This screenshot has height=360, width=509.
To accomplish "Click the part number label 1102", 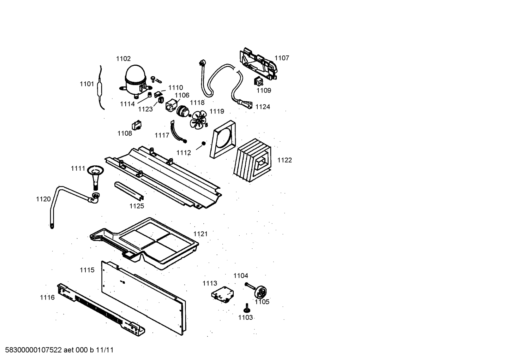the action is [x=124, y=59].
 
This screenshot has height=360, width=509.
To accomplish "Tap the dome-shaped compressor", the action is [x=136, y=81].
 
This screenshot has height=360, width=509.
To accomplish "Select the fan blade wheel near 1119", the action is [x=198, y=120].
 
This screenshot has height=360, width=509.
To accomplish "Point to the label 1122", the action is [x=285, y=160].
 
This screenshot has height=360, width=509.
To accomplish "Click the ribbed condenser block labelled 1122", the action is [x=252, y=160].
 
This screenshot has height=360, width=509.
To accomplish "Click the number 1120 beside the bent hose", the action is [x=43, y=199].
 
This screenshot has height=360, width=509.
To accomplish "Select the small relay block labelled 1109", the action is [x=258, y=82].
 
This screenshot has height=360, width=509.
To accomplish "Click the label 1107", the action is [x=282, y=58].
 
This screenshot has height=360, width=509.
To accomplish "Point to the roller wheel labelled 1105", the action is [x=261, y=292].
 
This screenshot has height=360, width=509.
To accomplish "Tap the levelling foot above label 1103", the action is [x=247, y=308].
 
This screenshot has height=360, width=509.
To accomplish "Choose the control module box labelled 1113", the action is [x=223, y=295].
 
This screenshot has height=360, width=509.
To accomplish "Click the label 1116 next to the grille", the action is [x=47, y=297].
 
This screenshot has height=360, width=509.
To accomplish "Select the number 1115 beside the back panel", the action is [x=87, y=270].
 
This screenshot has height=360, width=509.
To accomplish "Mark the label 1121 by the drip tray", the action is [x=200, y=234].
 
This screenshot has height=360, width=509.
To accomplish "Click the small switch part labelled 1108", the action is [x=137, y=125].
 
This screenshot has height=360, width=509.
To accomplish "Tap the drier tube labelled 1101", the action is [x=100, y=88].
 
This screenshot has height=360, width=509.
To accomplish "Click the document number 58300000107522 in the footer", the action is [x=34, y=350].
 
